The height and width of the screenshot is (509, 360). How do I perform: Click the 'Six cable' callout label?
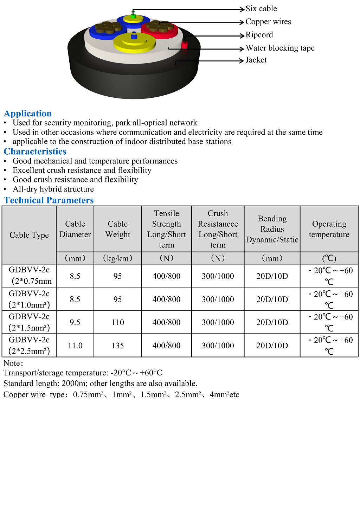[x=261, y=9]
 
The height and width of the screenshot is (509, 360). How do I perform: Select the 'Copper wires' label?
[x=268, y=22]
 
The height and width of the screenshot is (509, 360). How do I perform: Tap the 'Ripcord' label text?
[x=259, y=35]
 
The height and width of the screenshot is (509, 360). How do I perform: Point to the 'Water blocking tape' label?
[x=280, y=48]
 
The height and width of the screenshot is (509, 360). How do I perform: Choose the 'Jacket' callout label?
[x=256, y=60]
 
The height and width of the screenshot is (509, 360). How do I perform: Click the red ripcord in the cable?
[x=184, y=45]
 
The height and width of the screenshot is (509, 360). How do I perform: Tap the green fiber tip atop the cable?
[x=133, y=15]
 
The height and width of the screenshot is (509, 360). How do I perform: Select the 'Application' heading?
[x=28, y=114]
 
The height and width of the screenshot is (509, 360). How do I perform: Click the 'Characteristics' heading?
[x=35, y=152]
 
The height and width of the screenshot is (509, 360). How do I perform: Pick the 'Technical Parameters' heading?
[x=49, y=200]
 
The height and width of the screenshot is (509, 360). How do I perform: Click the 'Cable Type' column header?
[x=29, y=235]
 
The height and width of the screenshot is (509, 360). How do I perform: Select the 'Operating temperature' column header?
[x=329, y=229]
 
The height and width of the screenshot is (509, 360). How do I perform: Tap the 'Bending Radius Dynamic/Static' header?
[x=272, y=229]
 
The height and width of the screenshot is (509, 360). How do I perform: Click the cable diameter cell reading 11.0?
[x=75, y=346]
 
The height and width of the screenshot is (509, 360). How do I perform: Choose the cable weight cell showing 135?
[x=117, y=346]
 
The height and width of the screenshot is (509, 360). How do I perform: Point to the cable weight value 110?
[x=117, y=322]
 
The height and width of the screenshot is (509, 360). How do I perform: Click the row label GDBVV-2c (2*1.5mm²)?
[x=29, y=322]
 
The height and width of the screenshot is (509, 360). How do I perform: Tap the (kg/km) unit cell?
[x=117, y=258]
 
